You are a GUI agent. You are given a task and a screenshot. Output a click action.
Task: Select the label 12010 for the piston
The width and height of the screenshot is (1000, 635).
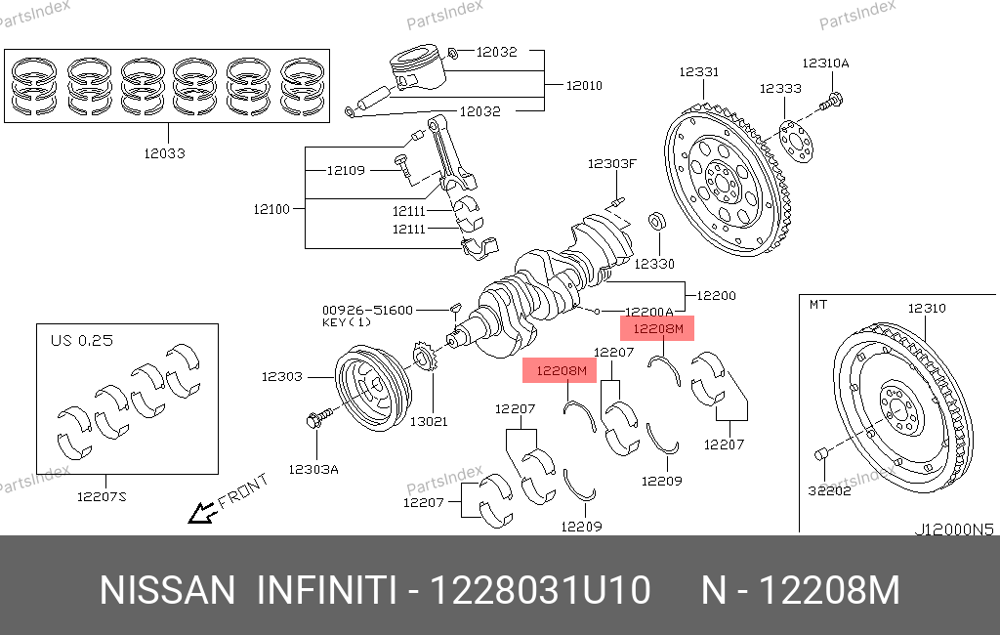pos(584,86)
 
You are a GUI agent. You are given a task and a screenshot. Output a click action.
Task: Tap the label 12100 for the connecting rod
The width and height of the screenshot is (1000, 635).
pos(271,209)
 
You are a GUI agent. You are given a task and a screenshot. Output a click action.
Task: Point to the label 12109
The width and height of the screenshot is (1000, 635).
pos(346,171)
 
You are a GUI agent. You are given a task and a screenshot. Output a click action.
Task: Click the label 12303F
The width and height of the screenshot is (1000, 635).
pos(611,164)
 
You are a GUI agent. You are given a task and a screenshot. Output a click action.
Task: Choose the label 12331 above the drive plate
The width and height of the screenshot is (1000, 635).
pos(699,72)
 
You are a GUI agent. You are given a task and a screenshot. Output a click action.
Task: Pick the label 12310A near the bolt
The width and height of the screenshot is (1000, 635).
pos(826,63)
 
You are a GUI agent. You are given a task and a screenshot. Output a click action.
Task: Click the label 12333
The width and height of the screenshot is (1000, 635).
pos(780,89)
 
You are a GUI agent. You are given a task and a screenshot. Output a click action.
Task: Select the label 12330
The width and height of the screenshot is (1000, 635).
pos(654,264)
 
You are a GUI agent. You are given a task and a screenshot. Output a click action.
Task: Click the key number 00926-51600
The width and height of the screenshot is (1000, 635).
pos(367,309)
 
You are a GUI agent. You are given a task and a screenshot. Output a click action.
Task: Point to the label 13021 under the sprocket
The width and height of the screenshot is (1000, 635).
pos(429,421)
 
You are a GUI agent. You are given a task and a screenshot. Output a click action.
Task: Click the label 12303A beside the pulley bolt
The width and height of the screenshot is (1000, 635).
pos(312,469)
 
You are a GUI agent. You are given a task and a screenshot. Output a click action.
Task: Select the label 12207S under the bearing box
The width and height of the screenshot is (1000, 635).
pos(103,496)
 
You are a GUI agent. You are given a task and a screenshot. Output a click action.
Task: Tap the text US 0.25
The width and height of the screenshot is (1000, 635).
pos(82,341)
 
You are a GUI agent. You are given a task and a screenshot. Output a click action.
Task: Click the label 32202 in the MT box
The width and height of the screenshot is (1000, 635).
pos(829,490)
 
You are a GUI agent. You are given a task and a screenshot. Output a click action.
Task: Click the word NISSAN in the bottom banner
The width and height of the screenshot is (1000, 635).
pos(168,591)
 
